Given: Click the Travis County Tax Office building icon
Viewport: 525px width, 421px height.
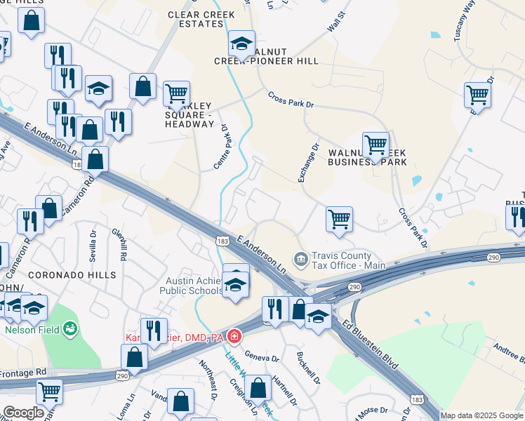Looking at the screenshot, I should point(300,260).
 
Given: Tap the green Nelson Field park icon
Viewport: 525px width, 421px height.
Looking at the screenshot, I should point(69,328).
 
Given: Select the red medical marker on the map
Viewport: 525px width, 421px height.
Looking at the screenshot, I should point(233,338).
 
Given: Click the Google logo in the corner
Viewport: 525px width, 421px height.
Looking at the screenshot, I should point(23,413).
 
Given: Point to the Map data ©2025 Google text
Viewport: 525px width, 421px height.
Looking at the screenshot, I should point(481,415).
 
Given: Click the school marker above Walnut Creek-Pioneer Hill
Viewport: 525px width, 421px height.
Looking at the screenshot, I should point(241,44).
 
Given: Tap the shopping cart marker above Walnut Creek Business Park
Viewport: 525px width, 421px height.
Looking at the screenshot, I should point(376,145).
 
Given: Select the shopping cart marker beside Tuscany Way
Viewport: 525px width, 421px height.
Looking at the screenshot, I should point(477,93).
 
